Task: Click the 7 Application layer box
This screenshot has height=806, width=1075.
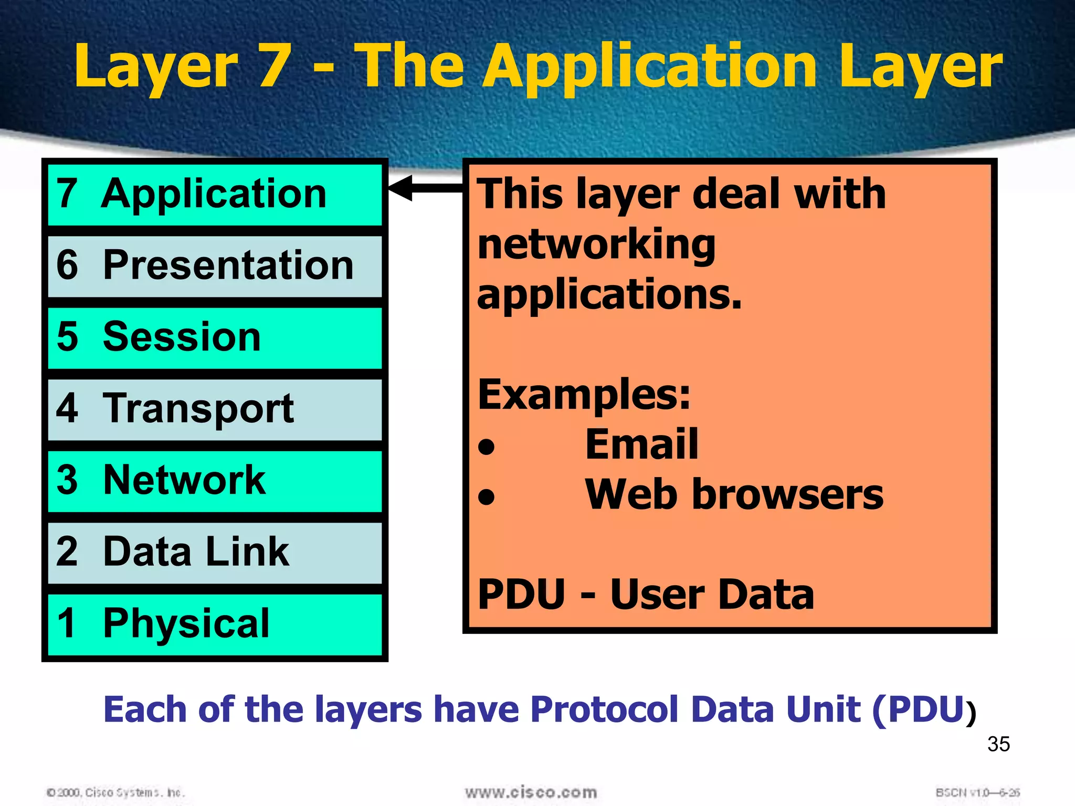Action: coord(214,195)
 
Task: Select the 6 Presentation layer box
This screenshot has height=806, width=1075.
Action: coord(214,266)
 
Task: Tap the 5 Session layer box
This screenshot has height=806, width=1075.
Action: coord(214,338)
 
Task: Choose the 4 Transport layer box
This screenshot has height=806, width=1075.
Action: coord(214,409)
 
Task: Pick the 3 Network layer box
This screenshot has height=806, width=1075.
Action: coord(214,481)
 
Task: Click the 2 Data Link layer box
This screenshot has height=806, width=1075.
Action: coord(214,553)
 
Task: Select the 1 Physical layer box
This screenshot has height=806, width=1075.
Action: coord(214,624)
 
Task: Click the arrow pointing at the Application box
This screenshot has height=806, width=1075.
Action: coord(425,188)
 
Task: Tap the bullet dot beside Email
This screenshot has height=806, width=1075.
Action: coord(487,447)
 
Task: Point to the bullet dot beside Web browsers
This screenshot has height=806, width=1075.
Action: coord(487,496)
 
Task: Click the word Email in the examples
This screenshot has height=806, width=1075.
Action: coord(641,444)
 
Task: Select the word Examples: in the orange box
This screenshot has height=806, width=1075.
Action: coord(584,395)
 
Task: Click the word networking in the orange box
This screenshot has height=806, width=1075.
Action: coord(596,245)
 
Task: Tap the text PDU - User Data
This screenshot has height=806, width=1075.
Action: coord(646,595)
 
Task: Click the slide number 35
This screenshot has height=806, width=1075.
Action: coord(998,744)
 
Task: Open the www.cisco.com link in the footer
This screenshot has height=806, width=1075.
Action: coord(531,792)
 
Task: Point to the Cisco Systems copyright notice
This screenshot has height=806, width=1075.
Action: coord(115,792)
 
